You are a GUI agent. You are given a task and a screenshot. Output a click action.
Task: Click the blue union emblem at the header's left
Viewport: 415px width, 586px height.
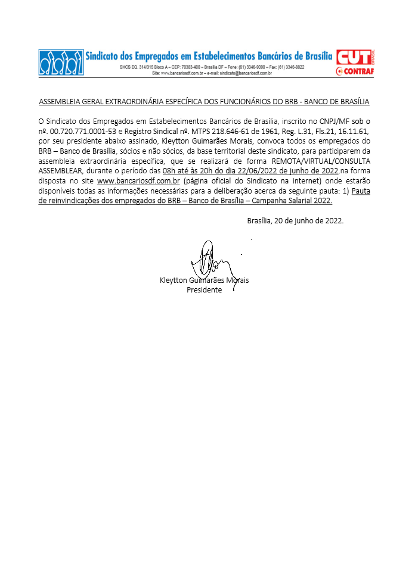[61, 62]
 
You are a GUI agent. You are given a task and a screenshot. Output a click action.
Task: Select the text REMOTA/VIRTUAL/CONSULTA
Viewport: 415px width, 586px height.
[321, 160]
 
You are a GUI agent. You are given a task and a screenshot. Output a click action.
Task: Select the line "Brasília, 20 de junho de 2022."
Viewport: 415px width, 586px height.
[295, 220]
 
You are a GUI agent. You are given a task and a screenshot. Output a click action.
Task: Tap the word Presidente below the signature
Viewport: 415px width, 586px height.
[204, 290]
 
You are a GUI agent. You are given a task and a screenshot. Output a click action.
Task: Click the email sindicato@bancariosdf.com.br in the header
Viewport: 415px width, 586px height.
[246, 73]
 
